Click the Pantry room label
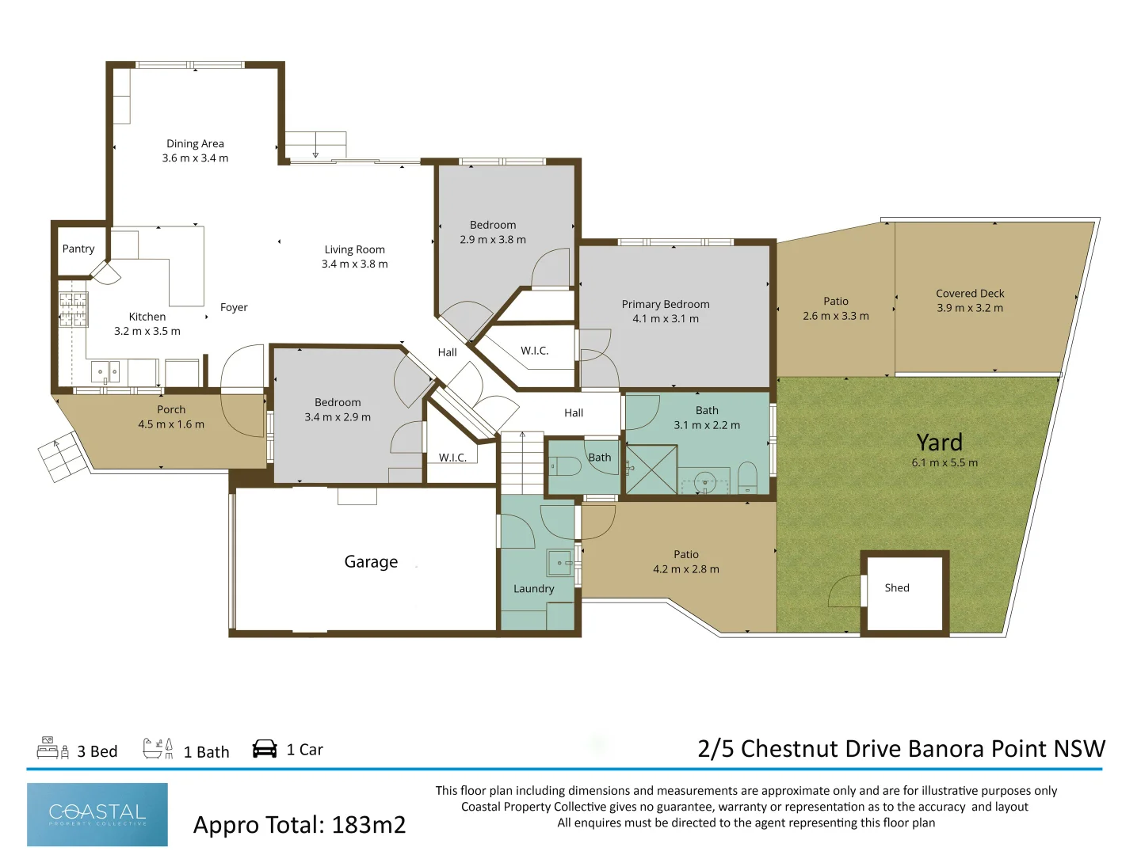tap(78, 249)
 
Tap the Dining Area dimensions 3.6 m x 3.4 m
tap(195, 158)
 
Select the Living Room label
tap(354, 249)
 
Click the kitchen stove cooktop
tap(73, 310)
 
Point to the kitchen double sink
tap(105, 372)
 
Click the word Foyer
tap(234, 307)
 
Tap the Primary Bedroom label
tap(666, 304)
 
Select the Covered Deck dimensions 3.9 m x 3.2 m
tap(970, 308)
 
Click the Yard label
tap(939, 443)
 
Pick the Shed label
tap(897, 587)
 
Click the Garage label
tap(371, 562)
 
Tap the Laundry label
tap(533, 589)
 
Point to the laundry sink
tap(560, 563)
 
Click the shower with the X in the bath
tap(651, 469)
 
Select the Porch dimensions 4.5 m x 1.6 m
tap(171, 424)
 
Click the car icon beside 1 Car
tap(265, 749)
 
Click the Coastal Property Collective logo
tap(97, 814)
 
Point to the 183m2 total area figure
tap(368, 824)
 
